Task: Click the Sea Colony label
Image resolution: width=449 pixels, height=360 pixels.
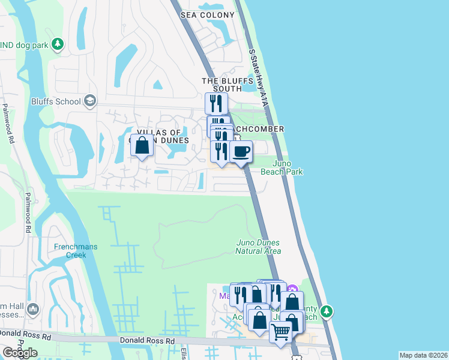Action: coord(208,14)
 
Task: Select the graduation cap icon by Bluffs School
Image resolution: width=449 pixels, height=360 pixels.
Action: coord(91,100)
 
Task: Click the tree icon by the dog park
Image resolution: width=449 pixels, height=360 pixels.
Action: coord(58,43)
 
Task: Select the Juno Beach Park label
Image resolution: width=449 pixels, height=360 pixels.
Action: coord(282,167)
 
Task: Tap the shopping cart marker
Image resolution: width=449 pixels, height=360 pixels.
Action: coord(280,332)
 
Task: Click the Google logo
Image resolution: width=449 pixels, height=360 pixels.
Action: coord(20,353)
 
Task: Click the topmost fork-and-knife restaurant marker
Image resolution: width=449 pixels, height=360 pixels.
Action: coord(216,103)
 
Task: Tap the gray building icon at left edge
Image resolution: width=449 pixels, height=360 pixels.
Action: coord(33,310)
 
